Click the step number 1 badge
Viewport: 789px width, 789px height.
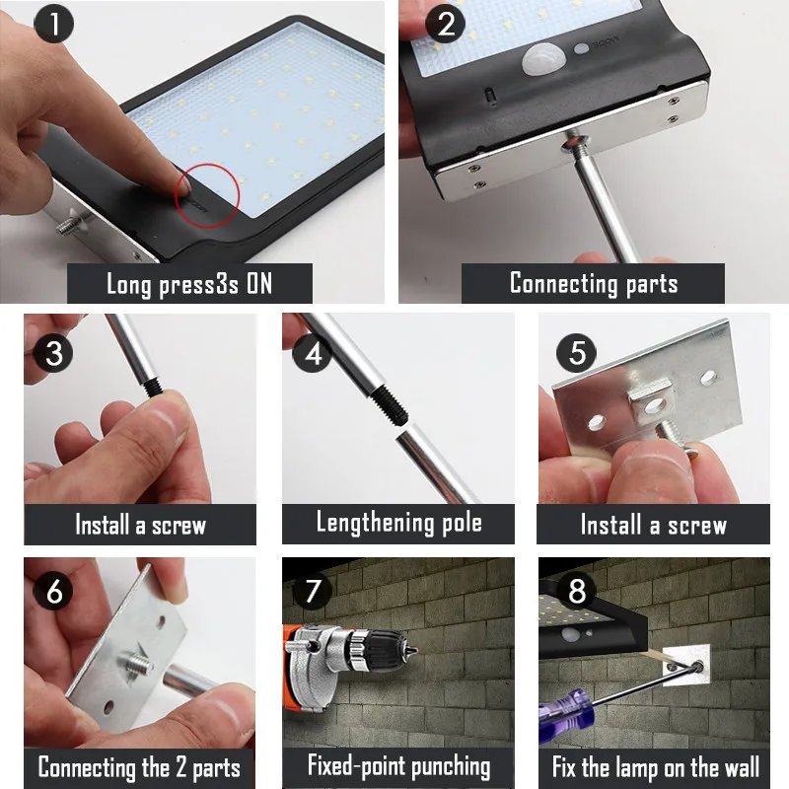[54, 23]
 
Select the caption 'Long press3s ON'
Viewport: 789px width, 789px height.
[189, 284]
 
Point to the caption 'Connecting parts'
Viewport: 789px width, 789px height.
[594, 283]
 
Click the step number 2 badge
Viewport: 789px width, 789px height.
[445, 23]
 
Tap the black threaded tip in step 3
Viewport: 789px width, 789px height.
[154, 387]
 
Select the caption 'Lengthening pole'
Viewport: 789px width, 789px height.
[399, 523]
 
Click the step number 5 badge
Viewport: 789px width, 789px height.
[576, 352]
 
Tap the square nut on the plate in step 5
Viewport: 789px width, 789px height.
[651, 401]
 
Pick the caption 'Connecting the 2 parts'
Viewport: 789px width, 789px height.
[139, 768]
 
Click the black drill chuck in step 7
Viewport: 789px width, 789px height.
[390, 653]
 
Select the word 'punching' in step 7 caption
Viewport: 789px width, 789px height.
[452, 767]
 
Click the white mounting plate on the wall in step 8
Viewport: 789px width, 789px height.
[685, 665]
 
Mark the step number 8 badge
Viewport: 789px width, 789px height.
[577, 590]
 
